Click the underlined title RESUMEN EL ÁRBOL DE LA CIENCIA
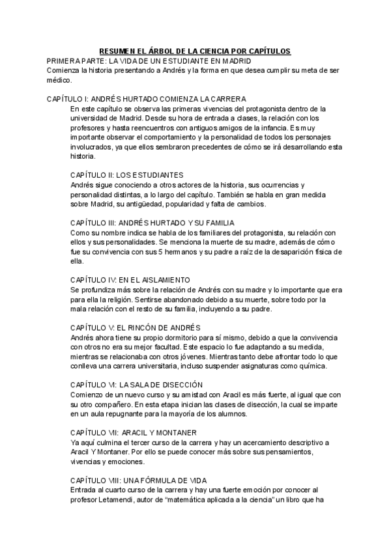pos(194,51)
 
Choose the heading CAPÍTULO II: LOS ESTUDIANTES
pos(126,175)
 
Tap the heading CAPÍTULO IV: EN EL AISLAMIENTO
pos(130,279)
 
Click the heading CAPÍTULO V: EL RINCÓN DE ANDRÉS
pos(135,327)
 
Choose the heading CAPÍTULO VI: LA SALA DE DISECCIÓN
pos(136,385)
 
